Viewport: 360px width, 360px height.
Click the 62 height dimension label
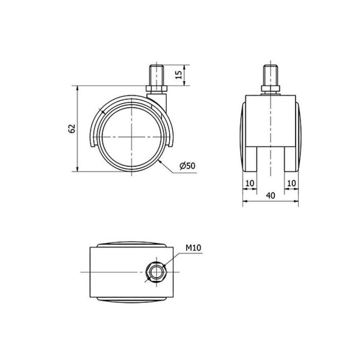point(72,129)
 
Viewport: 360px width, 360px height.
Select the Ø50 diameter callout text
point(187,166)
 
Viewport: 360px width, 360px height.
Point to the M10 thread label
point(193,248)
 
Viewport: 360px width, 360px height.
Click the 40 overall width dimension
point(271,195)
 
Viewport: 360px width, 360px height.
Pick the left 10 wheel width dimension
point(250,183)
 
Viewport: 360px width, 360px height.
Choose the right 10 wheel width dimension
point(292,183)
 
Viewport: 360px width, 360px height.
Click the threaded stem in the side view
point(156,76)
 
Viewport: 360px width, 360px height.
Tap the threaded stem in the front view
point(271,76)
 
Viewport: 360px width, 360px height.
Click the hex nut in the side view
point(156,89)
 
